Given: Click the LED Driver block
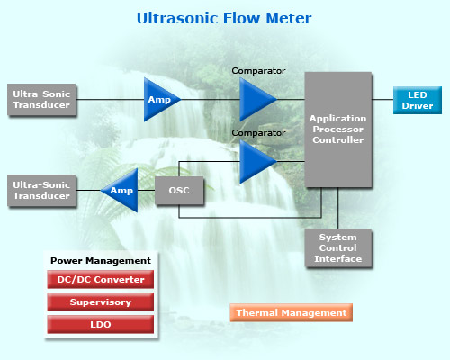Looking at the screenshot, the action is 418,100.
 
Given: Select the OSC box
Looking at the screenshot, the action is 179,191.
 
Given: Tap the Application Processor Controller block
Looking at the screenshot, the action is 338,130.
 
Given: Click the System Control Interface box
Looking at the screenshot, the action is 338,248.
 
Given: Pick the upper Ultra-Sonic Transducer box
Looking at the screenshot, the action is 41,100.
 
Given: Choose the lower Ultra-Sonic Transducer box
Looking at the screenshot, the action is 41,191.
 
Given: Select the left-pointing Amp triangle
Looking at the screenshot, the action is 120,190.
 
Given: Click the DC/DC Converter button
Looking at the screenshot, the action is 101,279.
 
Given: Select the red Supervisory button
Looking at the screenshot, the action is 101,301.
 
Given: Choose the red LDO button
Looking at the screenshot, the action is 101,324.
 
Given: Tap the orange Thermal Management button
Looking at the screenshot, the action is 292,312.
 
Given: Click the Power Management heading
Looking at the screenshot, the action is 101,261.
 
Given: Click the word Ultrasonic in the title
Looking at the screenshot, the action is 177,18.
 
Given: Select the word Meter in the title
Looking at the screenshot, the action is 289,18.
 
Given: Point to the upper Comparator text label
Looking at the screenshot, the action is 258,71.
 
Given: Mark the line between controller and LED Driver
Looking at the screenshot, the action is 382,99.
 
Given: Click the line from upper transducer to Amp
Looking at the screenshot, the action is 110,99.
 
